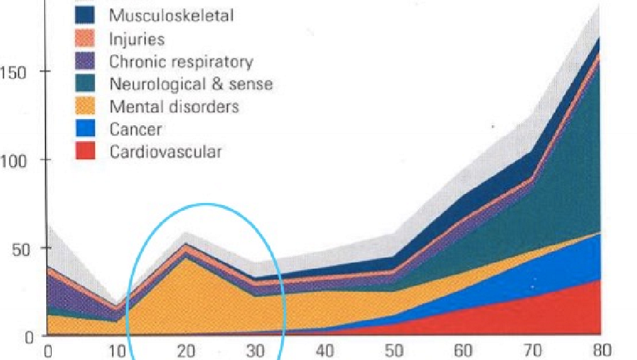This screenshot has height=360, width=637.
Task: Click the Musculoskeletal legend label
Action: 171,16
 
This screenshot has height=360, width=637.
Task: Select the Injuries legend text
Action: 137,39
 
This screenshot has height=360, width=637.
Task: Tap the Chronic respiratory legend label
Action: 181,62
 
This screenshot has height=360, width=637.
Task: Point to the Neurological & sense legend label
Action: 191,84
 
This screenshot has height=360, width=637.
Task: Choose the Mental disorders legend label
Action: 174,107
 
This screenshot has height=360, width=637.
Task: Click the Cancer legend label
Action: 136,129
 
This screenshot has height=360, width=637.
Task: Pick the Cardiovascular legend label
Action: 165,152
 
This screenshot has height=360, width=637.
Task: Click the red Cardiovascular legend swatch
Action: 85,151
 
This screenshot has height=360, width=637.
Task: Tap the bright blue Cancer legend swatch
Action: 85,128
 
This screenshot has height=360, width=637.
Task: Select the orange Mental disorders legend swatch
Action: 85,105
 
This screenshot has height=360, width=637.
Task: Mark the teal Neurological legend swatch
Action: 85,83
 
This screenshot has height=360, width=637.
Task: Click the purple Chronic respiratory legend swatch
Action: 85,61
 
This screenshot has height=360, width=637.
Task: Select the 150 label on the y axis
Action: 13,73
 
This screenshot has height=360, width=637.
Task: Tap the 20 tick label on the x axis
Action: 186,351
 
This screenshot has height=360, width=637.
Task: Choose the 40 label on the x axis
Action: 324,351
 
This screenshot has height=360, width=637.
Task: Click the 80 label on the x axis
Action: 602,350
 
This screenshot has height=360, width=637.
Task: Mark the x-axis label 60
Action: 463,351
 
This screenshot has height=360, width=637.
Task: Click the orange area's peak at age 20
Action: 186,257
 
